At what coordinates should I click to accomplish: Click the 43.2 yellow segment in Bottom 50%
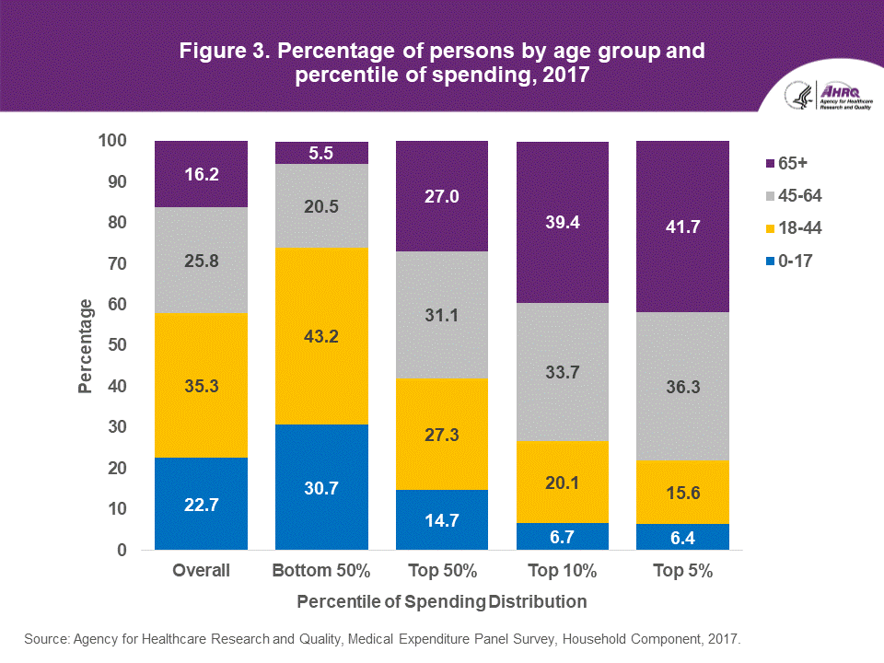321,336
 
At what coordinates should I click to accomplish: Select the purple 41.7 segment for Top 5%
682,227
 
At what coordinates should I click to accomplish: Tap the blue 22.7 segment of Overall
202,504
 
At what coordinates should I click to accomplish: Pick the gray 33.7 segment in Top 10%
563,372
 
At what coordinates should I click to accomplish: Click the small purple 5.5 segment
321,153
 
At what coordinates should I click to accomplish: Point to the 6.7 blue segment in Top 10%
563,536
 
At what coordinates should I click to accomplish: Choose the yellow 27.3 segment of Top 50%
442,434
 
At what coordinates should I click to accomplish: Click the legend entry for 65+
783,164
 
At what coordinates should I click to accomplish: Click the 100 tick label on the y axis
113,141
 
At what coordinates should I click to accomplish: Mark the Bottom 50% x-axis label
321,571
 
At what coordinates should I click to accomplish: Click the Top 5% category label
682,571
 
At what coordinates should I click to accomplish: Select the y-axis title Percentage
86,345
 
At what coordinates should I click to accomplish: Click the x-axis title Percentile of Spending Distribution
442,602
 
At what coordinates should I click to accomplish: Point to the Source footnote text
381,637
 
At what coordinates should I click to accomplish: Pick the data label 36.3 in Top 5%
682,388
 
